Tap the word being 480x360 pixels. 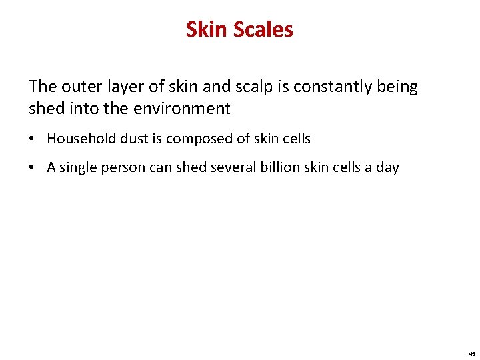[396, 87]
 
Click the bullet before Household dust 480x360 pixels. [33, 139]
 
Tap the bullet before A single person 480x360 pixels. [33, 168]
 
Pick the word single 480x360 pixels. [78, 167]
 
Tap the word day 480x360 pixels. [387, 167]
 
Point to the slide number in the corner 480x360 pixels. [471, 353]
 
